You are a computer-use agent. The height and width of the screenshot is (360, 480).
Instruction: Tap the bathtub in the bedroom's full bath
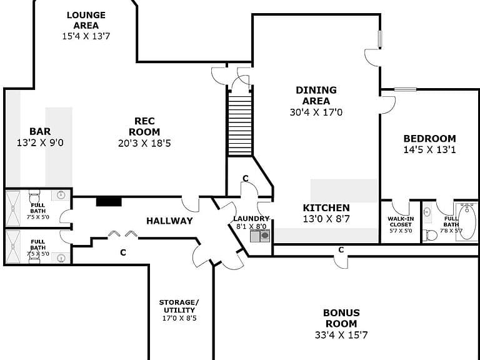(466, 221)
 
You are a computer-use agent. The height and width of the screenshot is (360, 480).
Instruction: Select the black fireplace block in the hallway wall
(109, 202)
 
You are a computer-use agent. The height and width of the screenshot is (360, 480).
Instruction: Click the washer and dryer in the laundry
(260, 236)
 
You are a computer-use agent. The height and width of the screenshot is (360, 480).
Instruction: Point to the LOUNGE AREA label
(86, 20)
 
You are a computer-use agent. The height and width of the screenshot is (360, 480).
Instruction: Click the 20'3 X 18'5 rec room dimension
(144, 143)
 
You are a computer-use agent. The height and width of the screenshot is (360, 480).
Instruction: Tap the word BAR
(40, 131)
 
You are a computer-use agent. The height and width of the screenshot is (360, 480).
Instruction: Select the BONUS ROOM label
(341, 318)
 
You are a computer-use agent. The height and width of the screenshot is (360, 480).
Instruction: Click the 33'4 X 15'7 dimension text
(341, 335)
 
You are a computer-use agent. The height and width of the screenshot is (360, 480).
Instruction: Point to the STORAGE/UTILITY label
(179, 306)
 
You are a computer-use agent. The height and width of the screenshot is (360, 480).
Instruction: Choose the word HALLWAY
(169, 221)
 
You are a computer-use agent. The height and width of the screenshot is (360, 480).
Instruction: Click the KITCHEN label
(326, 208)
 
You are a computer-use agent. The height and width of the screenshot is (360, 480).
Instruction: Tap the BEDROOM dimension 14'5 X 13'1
(429, 150)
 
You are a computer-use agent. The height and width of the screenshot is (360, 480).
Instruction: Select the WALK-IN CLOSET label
(401, 222)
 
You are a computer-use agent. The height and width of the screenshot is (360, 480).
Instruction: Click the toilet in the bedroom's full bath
(432, 235)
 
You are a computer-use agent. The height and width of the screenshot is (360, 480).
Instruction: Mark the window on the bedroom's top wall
(405, 89)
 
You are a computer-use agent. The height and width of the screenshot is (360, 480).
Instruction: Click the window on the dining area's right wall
(380, 39)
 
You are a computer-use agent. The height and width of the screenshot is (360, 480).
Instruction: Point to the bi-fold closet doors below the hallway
(122, 234)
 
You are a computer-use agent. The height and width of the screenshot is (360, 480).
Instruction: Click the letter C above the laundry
(246, 179)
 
